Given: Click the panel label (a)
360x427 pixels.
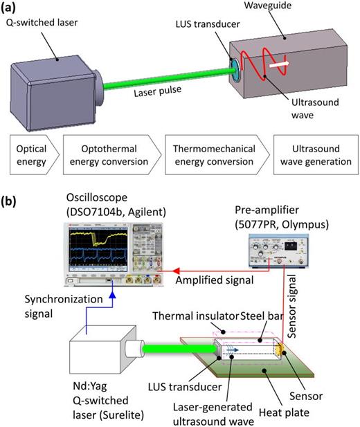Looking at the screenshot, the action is (8, 8).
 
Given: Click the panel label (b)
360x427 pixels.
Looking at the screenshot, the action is (8, 201).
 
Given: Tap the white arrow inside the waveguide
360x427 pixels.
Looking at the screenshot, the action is (279, 64).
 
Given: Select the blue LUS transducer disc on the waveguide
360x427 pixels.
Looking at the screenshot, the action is (235, 71).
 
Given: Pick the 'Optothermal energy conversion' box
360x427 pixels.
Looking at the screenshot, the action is (112, 155).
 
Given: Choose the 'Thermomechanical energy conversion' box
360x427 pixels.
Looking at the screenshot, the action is (217, 155).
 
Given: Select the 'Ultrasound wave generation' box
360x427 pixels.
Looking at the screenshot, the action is (316, 155).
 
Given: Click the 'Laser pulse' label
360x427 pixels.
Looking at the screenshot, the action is (158, 91).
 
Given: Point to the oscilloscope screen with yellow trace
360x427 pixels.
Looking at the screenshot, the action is (98, 249).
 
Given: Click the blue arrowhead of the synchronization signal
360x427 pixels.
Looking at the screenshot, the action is (113, 294).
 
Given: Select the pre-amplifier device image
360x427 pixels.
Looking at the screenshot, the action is (278, 251).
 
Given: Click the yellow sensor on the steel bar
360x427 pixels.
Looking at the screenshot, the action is (280, 351).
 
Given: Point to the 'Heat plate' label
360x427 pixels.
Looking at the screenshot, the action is (284, 412).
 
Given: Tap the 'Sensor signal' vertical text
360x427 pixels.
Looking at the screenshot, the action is (291, 306).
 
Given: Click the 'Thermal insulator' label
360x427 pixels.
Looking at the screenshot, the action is (195, 316).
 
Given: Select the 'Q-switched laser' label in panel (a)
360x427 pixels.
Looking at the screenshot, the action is (42, 22).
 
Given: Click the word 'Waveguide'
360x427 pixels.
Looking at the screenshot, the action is (268, 5).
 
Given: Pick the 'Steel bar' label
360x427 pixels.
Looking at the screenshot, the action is (262, 316).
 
